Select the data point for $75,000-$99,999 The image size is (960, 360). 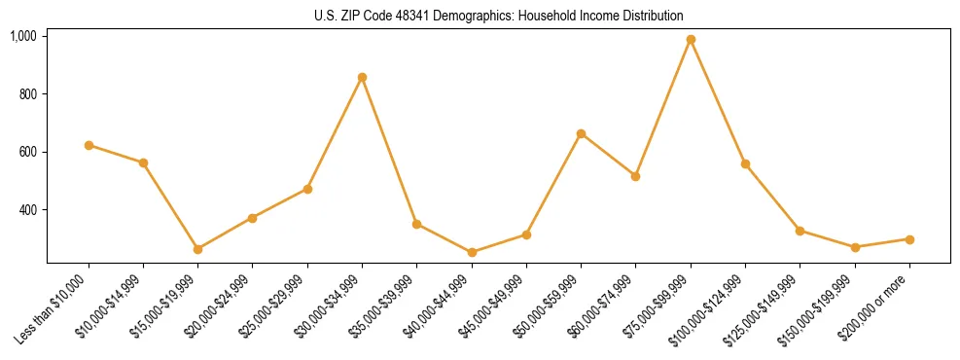point(691,40)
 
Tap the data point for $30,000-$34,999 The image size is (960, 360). point(362,77)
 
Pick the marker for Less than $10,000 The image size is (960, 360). point(89,145)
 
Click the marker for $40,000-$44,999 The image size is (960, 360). point(472,252)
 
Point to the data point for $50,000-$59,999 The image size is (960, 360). point(581,133)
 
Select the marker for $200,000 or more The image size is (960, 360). point(909,239)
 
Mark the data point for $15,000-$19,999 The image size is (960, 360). point(198,249)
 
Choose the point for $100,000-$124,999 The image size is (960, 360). point(745,163)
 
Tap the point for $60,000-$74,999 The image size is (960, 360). point(635,176)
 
